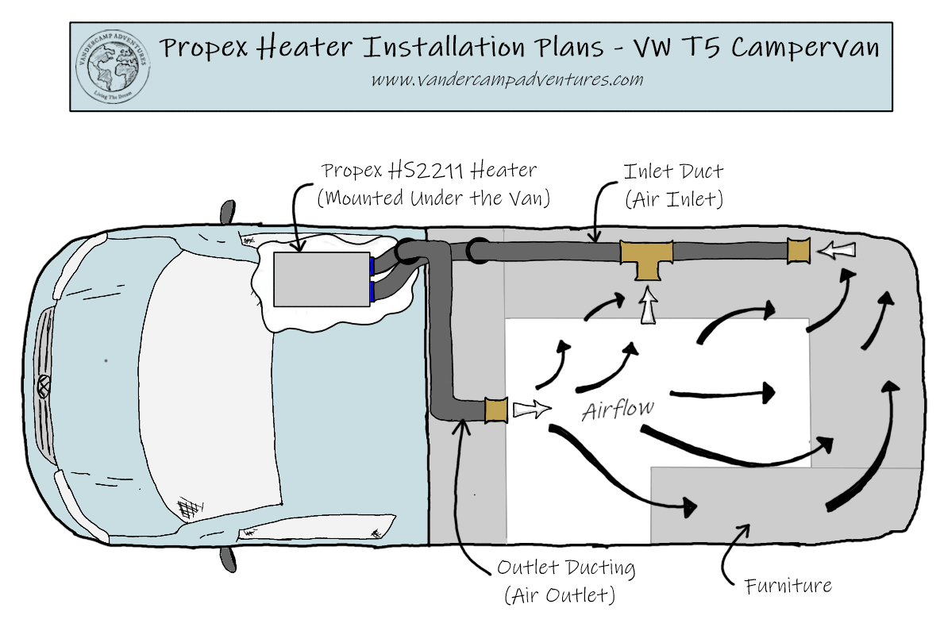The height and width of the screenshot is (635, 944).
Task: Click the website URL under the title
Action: (x=507, y=80)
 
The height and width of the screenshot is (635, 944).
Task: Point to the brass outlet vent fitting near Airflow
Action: (x=496, y=410)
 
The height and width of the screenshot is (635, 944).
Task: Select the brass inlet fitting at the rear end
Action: (x=798, y=251)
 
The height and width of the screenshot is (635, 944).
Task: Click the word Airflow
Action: (x=618, y=410)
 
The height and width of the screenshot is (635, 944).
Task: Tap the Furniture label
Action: (x=788, y=587)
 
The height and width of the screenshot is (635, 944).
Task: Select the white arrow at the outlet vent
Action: (x=530, y=410)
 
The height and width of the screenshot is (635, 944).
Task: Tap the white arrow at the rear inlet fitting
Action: (x=838, y=251)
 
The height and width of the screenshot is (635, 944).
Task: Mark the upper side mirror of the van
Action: (x=227, y=211)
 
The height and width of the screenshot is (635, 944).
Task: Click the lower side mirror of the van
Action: (x=228, y=559)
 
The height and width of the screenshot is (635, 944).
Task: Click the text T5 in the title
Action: (x=704, y=48)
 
